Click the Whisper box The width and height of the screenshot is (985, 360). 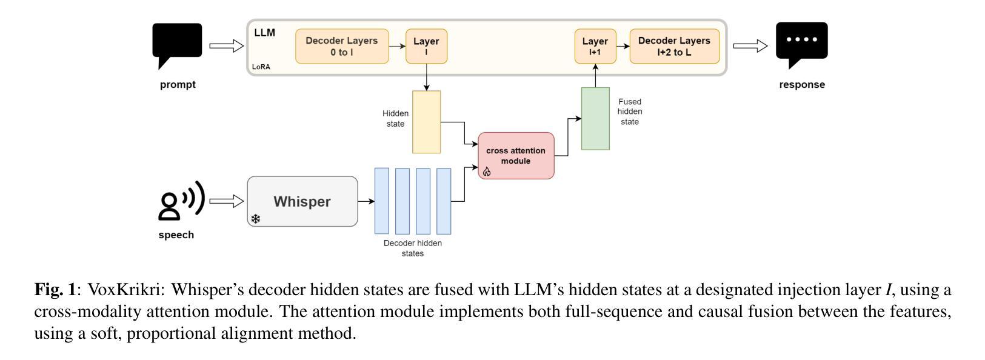coord(302,202)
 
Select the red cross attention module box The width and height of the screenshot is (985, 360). coord(516,156)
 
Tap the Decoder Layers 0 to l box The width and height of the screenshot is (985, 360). coord(342,46)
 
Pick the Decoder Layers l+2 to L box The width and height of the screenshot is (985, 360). coord(674,46)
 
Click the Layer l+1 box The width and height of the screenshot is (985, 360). coord(595,46)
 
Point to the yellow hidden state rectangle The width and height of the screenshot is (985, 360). coord(427,122)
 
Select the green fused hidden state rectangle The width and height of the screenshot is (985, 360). coord(595,118)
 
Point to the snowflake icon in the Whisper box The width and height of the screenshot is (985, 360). coord(256,219)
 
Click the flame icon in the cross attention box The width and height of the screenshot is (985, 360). coord(487,172)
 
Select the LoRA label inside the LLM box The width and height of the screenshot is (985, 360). coord(261,67)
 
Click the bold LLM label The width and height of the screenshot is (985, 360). coord(264,33)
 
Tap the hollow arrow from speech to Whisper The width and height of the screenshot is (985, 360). coord(226,201)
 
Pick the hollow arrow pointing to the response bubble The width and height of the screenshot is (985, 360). coord(750,45)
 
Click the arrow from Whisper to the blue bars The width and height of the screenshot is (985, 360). coord(366,201)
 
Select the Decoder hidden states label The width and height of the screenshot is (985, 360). coord(413,248)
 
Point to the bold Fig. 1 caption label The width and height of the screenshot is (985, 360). coord(55,290)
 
